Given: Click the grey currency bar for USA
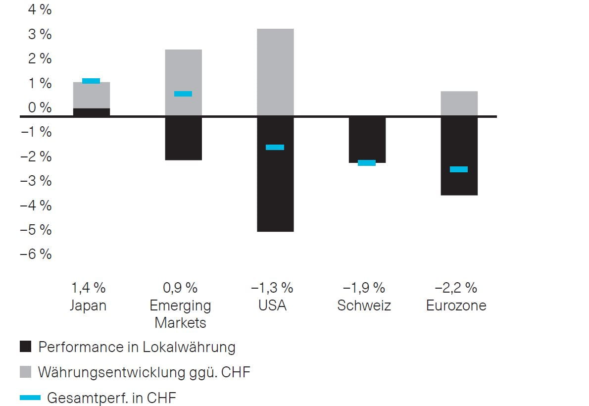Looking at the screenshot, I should click(275, 72).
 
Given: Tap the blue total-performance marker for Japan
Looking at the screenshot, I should click(91, 81).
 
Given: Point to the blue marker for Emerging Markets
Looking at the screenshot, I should click(183, 94).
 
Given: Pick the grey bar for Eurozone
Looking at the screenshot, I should click(459, 103).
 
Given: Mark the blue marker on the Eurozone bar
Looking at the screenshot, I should click(459, 169).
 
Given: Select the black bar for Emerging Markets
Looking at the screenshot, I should click(183, 138).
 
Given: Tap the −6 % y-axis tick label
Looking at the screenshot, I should click(36, 254).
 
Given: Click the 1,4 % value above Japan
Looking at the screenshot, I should click(88, 288).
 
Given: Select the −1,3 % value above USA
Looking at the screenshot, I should click(272, 288).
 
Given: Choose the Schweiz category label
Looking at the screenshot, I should click(364, 305).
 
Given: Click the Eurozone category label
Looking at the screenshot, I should click(456, 305).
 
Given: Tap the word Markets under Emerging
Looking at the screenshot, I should click(180, 322).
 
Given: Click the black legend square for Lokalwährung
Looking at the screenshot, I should click(26, 347).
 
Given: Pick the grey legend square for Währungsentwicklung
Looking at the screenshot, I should click(26, 372).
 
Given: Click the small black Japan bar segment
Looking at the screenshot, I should click(91, 112).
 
